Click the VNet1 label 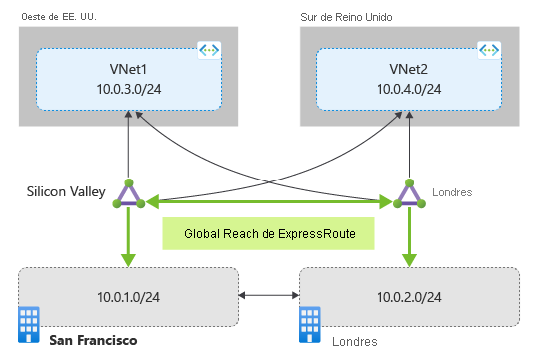(128, 70)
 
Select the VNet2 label (408, 70)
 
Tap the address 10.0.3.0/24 (128, 90)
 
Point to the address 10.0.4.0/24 (408, 90)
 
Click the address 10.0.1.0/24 (128, 297)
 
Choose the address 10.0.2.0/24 (409, 297)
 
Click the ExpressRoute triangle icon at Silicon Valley (128, 194)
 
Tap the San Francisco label (93, 341)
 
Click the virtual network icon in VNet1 (209, 50)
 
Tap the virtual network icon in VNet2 (489, 50)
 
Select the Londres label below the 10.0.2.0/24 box (355, 342)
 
